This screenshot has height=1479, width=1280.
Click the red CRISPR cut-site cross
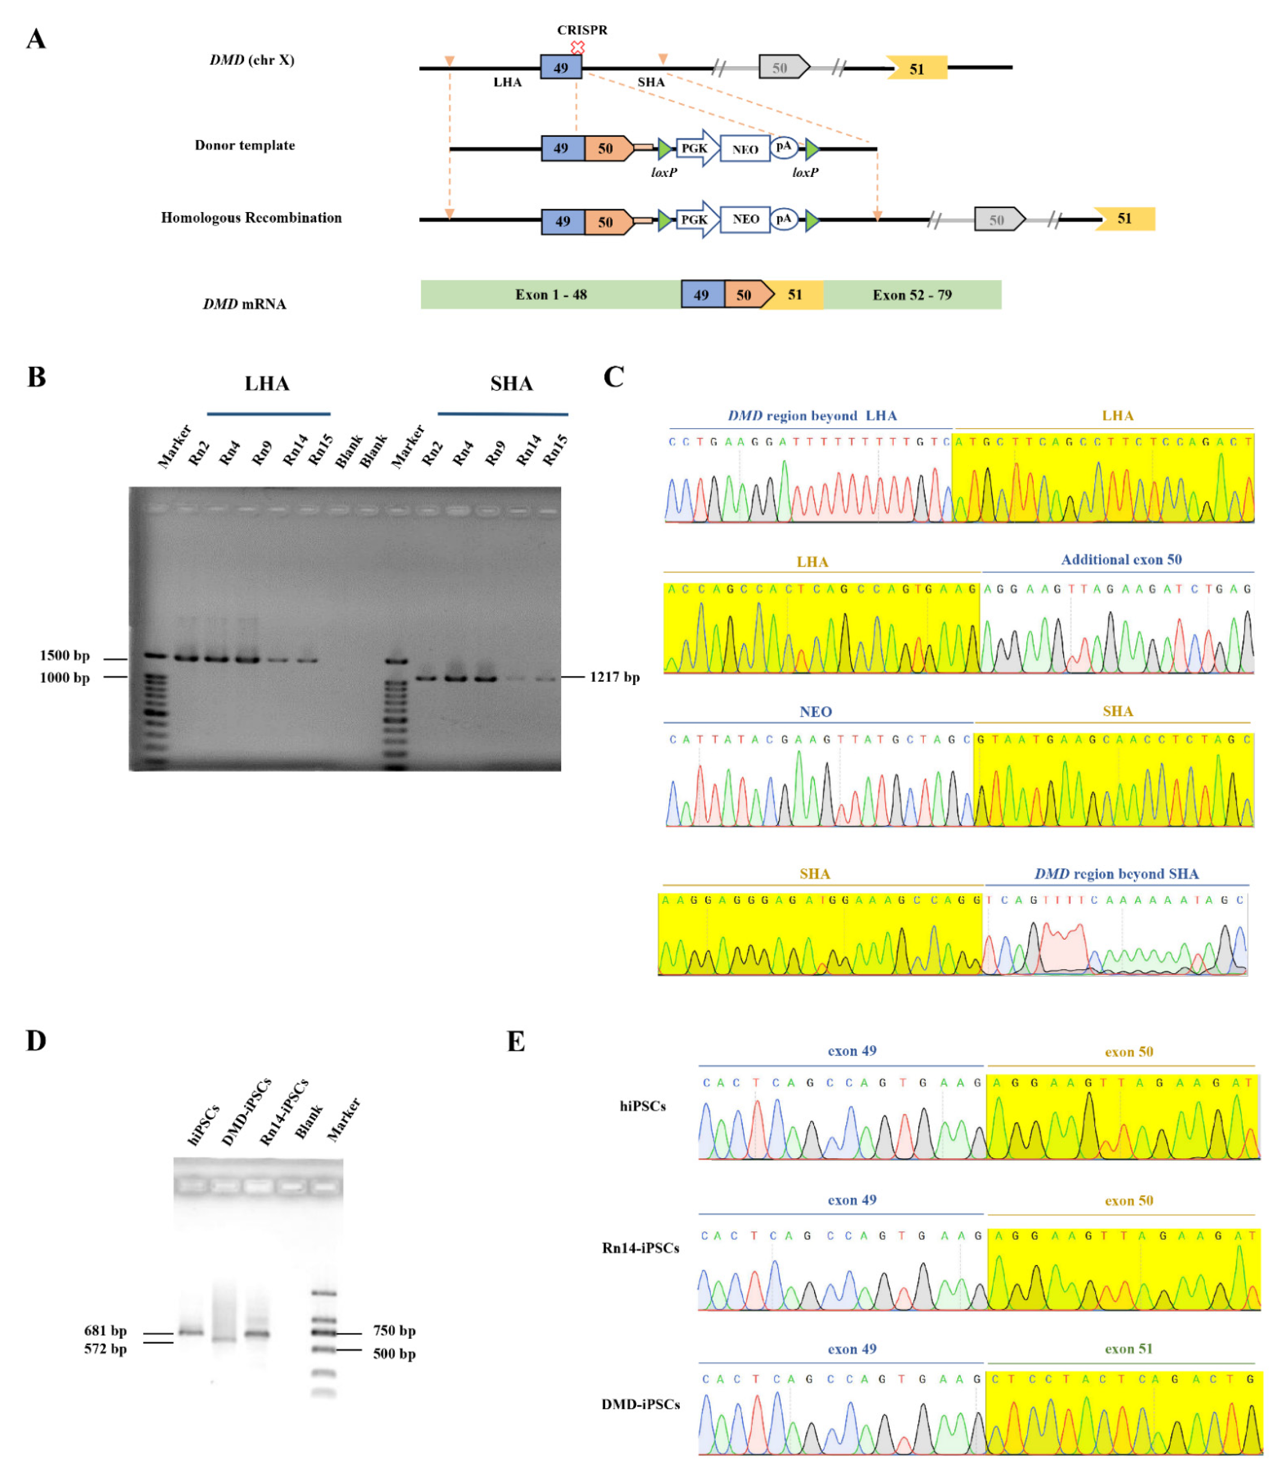[577, 47]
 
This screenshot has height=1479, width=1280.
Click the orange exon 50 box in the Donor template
[606, 149]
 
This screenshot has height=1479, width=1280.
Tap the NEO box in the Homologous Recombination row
[745, 220]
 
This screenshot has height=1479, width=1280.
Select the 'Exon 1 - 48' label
[551, 295]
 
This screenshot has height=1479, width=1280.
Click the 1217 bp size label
[614, 677]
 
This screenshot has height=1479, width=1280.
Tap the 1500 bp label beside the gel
[65, 655]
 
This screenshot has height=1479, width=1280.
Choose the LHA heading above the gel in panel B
[267, 384]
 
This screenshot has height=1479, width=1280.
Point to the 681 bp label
[105, 1330]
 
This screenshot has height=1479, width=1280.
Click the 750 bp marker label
[394, 1330]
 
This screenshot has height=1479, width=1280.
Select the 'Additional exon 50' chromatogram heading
[1121, 559]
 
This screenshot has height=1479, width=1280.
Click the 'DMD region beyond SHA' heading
[1116, 874]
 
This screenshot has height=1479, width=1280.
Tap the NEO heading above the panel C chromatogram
[816, 712]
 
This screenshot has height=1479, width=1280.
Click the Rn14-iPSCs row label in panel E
[641, 1248]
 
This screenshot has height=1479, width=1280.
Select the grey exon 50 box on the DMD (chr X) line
[782, 68]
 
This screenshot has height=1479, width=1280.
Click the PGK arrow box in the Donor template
[695, 149]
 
